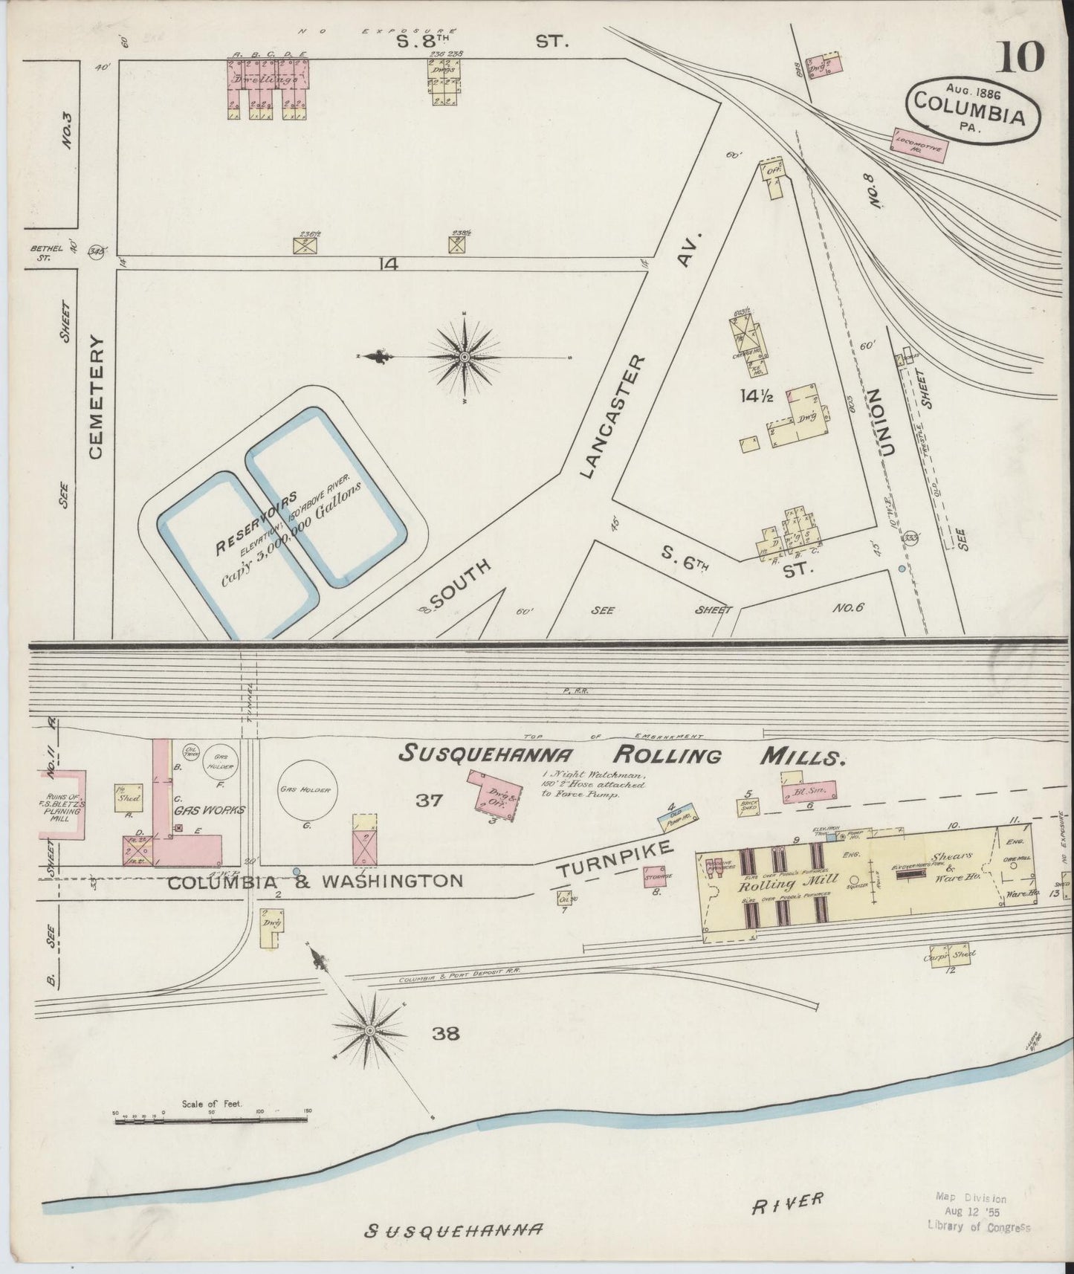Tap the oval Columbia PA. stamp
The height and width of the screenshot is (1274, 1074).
(971, 109)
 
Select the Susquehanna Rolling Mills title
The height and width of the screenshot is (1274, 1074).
(621, 755)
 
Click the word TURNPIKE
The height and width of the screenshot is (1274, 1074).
(615, 857)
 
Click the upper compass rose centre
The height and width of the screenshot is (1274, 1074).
(465, 358)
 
